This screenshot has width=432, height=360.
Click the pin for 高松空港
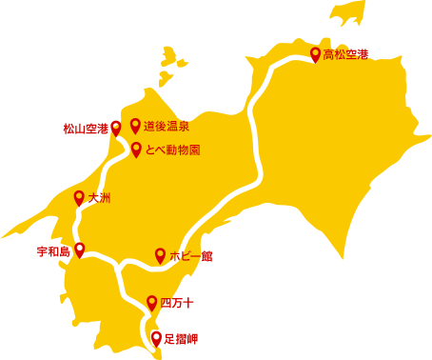316,54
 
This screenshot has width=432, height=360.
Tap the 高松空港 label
345,55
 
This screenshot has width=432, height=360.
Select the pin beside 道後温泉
135,126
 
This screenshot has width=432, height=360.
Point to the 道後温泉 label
167,127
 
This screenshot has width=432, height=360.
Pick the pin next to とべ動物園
136,150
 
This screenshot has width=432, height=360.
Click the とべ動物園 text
172,150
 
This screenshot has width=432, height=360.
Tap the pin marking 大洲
79,197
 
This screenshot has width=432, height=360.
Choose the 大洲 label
99,198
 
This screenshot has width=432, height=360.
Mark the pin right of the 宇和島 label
80,250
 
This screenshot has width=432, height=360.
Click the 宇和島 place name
53,251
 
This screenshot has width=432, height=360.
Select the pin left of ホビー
160,255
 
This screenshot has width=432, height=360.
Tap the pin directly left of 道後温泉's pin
116,128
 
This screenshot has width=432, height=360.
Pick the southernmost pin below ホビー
151,303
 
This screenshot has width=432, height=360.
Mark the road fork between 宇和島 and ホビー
117,263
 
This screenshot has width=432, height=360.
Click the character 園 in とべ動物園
194,150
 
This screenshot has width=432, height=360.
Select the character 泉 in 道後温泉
184,127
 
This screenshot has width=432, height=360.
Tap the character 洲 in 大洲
105,198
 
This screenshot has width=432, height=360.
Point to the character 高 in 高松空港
328,55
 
